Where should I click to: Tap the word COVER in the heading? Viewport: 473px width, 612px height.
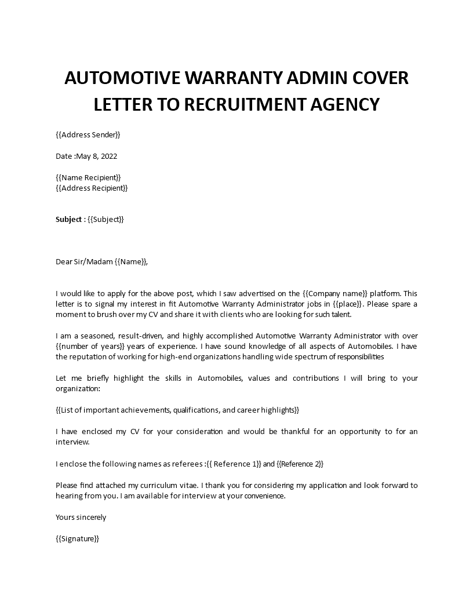click(374, 78)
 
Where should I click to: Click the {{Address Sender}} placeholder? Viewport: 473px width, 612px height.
click(88, 135)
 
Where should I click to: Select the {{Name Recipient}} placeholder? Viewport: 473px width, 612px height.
click(89, 177)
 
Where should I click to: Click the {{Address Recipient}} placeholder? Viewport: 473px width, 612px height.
click(92, 188)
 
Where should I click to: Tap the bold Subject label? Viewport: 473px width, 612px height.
click(69, 220)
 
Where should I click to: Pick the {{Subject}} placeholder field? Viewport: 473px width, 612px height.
click(106, 220)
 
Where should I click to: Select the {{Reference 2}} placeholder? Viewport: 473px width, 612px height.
click(300, 464)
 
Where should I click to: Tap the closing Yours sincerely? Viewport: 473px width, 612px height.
click(81, 517)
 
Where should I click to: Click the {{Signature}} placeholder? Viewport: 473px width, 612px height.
click(78, 538)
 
